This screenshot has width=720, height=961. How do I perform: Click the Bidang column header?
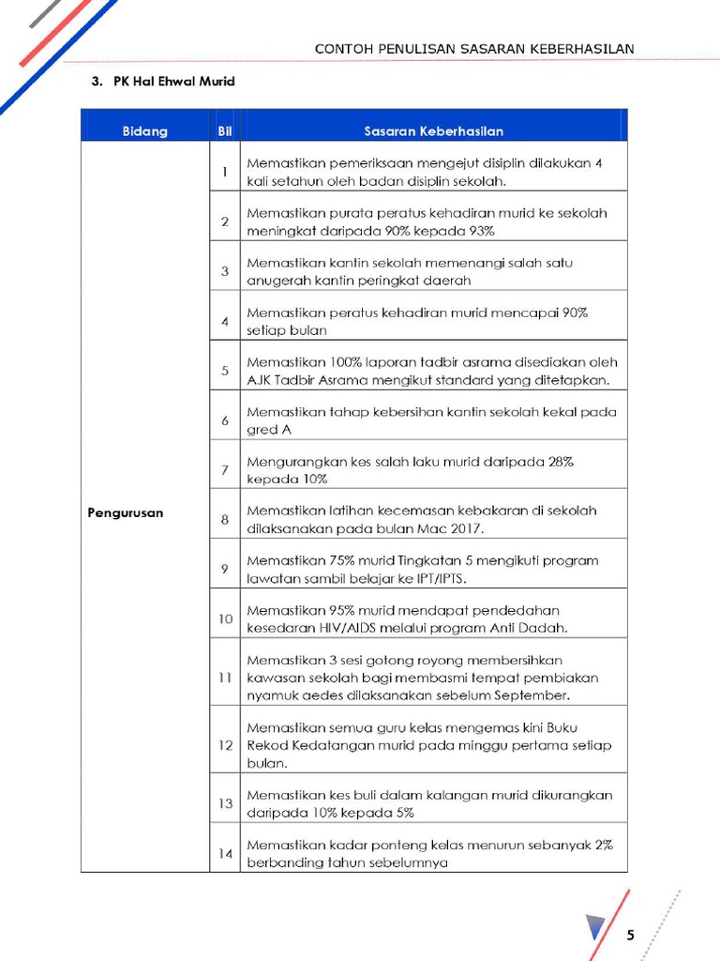click(x=144, y=131)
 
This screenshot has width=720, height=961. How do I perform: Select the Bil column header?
click(x=225, y=131)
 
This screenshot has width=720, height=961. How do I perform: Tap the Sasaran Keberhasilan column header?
click(x=433, y=131)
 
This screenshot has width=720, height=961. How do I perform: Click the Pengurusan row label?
click(x=126, y=513)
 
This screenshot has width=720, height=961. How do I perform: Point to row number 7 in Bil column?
click(x=225, y=470)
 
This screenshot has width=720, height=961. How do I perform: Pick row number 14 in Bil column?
click(x=225, y=854)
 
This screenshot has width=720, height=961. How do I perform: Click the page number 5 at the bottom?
click(x=630, y=935)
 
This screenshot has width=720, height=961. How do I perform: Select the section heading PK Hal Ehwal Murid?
click(x=173, y=82)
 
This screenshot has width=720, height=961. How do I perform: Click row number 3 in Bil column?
click(x=225, y=271)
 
